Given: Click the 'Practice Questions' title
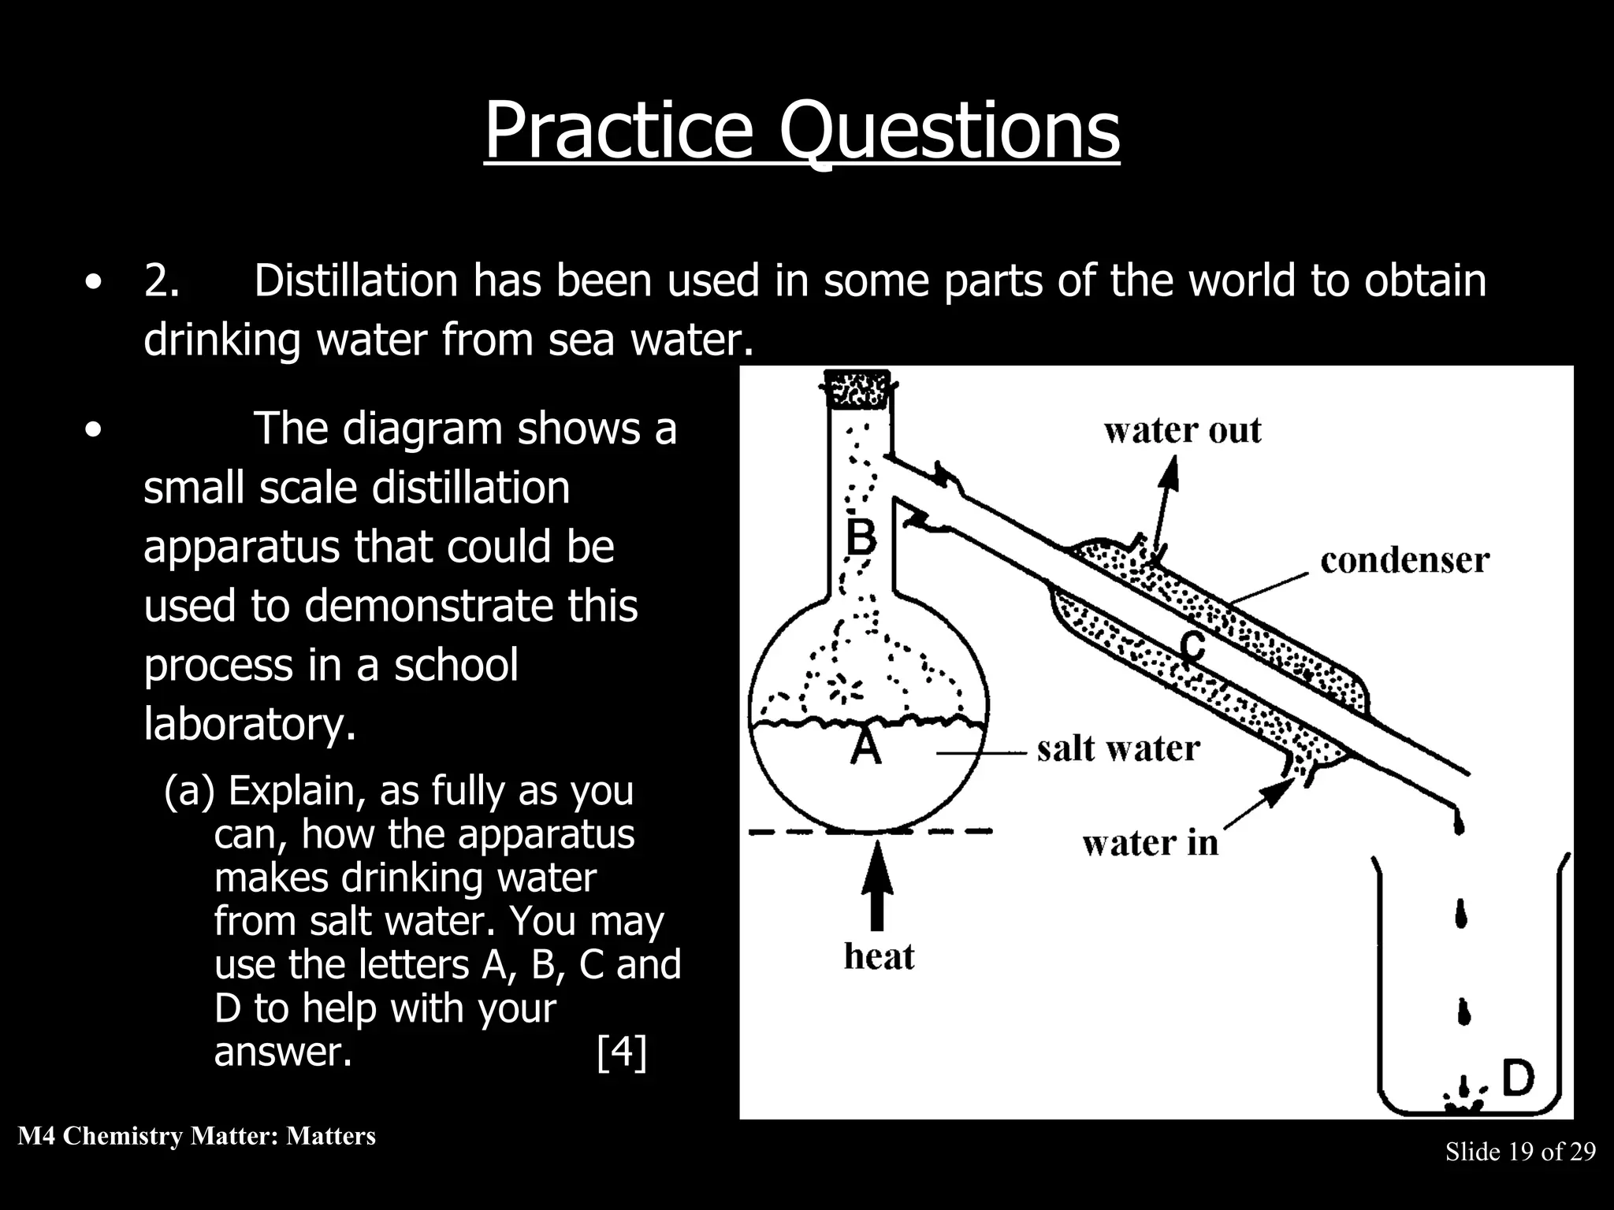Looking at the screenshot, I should click(801, 131).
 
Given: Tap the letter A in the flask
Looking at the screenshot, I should click(866, 745).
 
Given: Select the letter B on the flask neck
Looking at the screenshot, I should click(861, 538).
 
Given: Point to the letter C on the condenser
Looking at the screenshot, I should click(1193, 647).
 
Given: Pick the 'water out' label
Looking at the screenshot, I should click(1182, 431).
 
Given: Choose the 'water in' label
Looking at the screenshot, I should click(1150, 844).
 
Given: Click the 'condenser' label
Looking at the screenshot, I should click(1404, 561).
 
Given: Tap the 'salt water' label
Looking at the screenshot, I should click(1118, 748).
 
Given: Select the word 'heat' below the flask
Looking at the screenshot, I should click(879, 956).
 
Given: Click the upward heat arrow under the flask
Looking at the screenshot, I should click(877, 886).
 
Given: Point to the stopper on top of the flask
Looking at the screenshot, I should click(857, 388).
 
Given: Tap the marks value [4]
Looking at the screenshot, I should click(622, 1052).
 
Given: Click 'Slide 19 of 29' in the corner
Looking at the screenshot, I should click(1519, 1152).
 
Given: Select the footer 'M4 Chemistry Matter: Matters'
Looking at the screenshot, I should click(196, 1136).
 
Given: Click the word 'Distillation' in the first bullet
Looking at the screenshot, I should click(355, 280).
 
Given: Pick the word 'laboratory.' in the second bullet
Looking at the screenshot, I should click(250, 723).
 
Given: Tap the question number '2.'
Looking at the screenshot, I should click(162, 280).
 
